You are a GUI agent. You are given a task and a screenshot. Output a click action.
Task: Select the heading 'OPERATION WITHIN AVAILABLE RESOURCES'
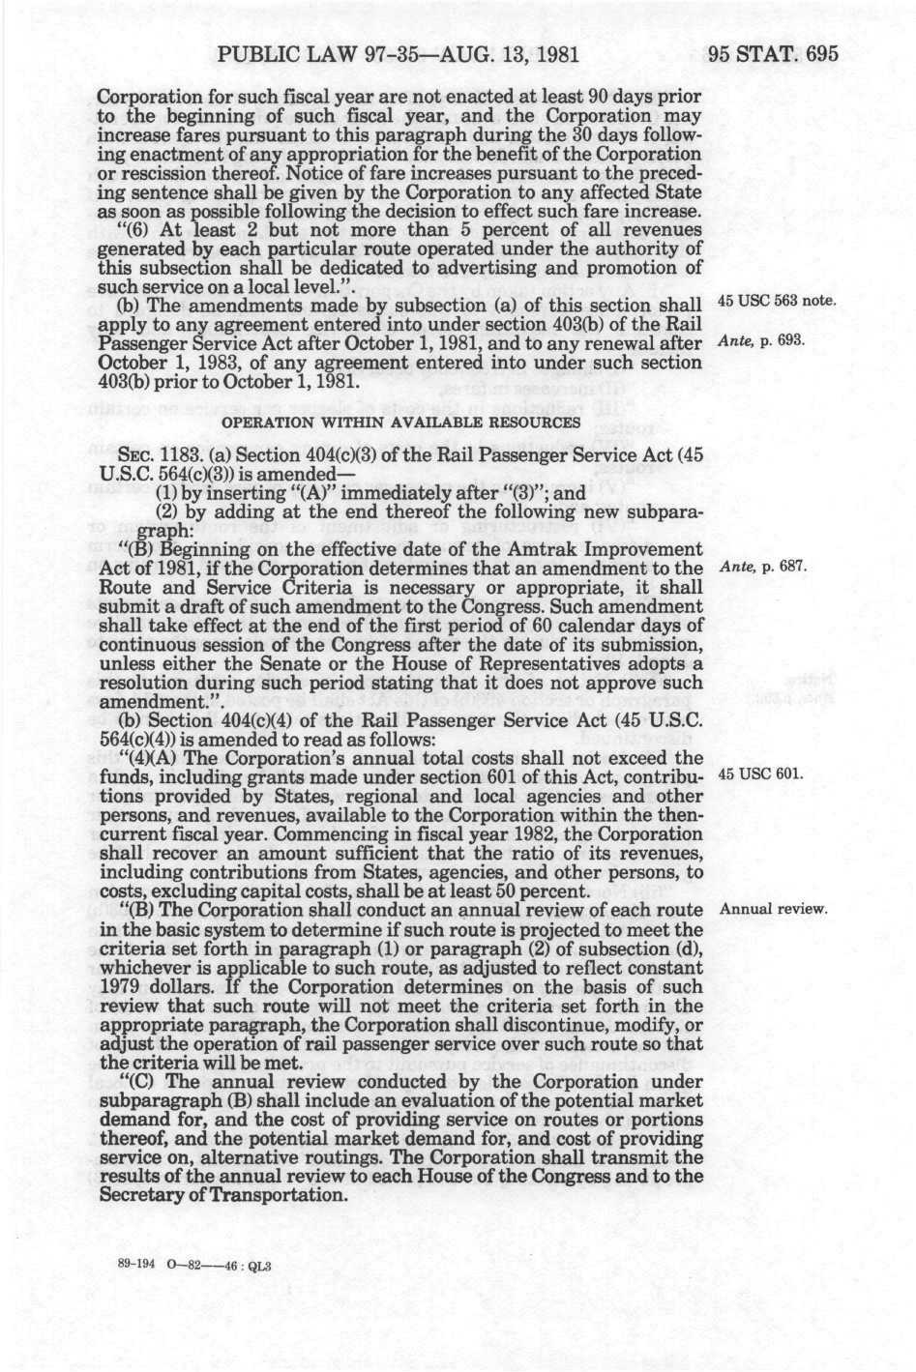click(x=401, y=423)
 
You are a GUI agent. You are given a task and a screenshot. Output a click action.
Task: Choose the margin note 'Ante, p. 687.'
click(x=764, y=567)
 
